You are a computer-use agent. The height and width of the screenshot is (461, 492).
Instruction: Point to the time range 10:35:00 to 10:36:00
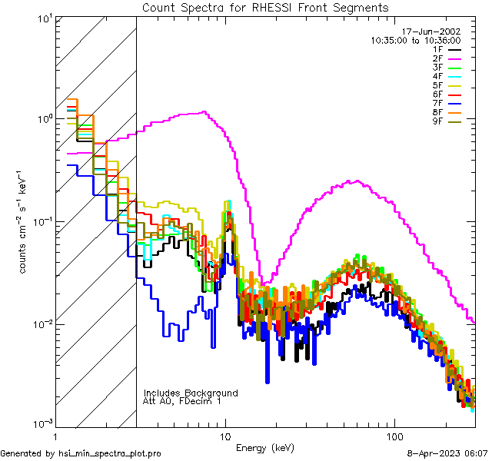click(x=415, y=40)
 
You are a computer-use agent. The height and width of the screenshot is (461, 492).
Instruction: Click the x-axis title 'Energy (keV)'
click(x=264, y=447)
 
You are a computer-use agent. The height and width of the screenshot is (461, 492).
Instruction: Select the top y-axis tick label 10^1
click(x=41, y=17)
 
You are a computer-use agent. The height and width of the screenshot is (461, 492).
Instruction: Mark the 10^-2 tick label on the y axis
click(x=39, y=323)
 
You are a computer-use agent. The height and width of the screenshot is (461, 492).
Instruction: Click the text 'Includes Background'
click(x=191, y=393)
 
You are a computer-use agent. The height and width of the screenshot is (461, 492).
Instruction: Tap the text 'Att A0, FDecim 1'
click(x=182, y=401)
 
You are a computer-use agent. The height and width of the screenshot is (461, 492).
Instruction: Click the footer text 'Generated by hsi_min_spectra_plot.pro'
click(x=81, y=454)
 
